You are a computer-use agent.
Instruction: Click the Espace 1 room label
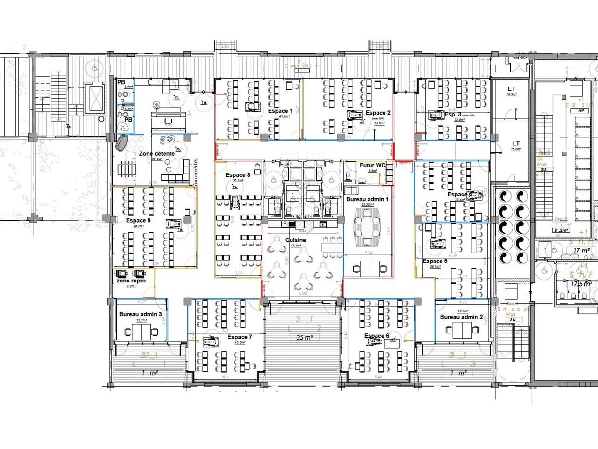(x=280, y=111)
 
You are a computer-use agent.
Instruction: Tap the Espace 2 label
(x=378, y=113)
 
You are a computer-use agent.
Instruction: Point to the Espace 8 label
(x=238, y=175)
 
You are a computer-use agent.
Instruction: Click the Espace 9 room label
(x=138, y=220)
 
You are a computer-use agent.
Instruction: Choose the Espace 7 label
(x=240, y=337)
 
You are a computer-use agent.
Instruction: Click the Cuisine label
(x=296, y=240)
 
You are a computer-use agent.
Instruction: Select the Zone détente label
(x=157, y=153)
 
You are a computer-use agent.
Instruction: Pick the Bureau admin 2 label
(x=462, y=317)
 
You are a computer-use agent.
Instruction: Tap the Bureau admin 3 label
(x=141, y=315)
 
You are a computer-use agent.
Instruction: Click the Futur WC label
(x=372, y=165)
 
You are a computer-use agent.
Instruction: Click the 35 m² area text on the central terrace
(x=301, y=337)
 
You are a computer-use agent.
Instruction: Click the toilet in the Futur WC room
(x=349, y=176)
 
